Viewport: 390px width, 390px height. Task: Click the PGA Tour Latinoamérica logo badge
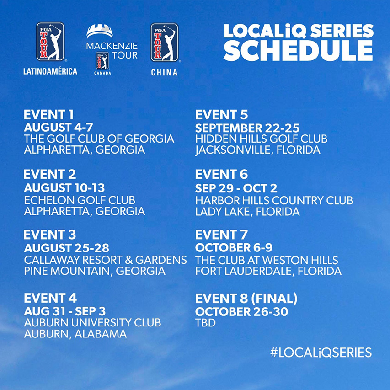coord(50,42)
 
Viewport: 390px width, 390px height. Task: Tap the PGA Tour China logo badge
coord(165,42)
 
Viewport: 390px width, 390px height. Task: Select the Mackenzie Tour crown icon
coord(100,32)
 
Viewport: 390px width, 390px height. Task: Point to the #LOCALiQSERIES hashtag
coord(321,353)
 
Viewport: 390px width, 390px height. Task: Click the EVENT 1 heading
coord(49,115)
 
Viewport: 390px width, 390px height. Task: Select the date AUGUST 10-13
coord(64,188)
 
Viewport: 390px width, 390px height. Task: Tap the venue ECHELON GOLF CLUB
coord(80,200)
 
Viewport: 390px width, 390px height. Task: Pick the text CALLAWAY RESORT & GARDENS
coord(106,260)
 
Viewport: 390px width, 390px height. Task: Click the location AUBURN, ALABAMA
coord(75,334)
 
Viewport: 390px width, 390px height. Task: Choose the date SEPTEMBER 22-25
coord(247,128)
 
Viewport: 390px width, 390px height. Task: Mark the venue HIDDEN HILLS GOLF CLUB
coord(262,139)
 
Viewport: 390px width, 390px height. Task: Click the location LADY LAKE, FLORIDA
coord(247,212)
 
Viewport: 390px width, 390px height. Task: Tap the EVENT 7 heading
coord(221,235)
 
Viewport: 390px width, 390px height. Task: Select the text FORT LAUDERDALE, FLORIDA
coord(268,271)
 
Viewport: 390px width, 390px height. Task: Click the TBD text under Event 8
coord(205,323)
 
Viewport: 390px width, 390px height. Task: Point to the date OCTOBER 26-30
coord(242,312)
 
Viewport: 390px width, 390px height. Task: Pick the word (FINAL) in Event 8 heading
coord(274,299)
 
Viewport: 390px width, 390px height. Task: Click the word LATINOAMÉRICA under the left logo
coord(50,71)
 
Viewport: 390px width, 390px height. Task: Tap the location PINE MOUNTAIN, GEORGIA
coord(95,271)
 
